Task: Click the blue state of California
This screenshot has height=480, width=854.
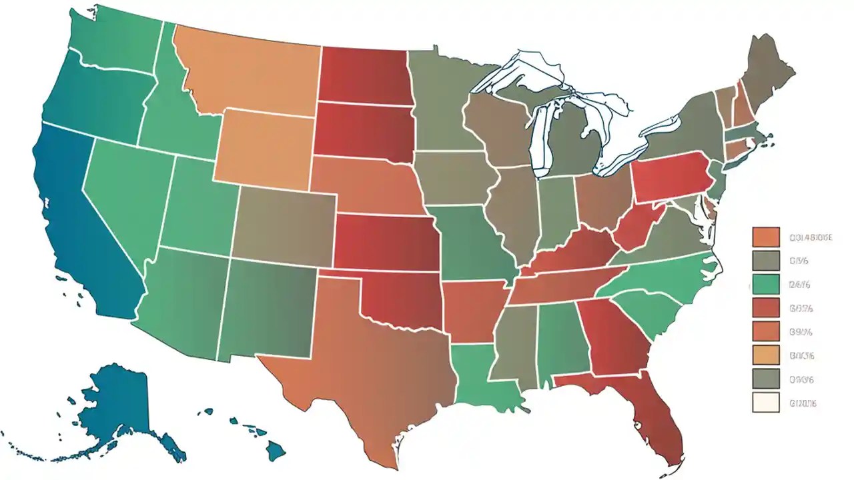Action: tap(73, 220)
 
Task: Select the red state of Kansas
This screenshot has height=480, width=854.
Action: tap(387, 243)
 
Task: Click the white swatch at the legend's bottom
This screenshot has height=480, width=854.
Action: tap(765, 403)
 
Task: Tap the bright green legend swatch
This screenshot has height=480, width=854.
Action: tap(765, 284)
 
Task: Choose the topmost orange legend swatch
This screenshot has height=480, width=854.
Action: tap(765, 237)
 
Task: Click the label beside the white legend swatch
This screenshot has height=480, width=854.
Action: tap(803, 403)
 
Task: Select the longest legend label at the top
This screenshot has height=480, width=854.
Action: tap(810, 237)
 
